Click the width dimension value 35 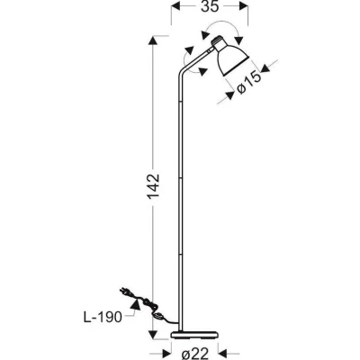coord(210,6)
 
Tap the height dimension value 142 coord(153,186)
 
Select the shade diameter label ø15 coord(248,83)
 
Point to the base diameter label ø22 coord(195,355)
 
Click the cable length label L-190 coord(103,317)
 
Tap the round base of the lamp coord(194,335)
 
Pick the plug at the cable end coord(124,292)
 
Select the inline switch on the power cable coord(159,315)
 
